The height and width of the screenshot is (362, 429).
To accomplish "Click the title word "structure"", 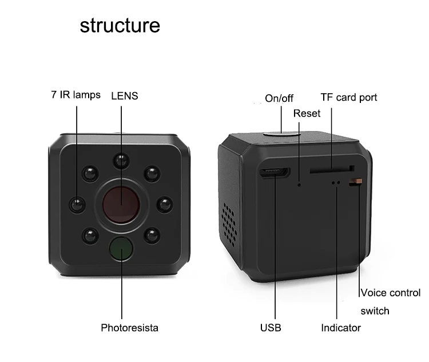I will [x=120, y=26].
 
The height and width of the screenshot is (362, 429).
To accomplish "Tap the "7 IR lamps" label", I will [x=76, y=95].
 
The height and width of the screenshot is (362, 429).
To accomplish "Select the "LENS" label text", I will [x=124, y=96].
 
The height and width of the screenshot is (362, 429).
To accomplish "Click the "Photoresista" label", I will [x=129, y=328].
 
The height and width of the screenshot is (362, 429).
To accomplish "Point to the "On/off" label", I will [x=279, y=98].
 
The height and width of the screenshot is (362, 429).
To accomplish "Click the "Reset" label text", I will [x=307, y=113].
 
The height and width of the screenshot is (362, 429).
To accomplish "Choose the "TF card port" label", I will [x=348, y=97].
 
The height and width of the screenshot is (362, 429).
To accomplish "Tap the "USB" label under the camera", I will [x=271, y=328].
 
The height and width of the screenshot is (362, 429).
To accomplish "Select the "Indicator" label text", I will [x=340, y=328].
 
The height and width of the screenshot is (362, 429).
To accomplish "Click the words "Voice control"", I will [x=390, y=293].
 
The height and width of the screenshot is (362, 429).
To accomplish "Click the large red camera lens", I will [x=121, y=203].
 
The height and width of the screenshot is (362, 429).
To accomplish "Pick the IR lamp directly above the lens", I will [x=121, y=161].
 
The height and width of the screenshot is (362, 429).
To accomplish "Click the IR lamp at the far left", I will [x=77, y=204].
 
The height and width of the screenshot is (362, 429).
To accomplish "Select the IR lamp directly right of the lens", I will [x=164, y=204].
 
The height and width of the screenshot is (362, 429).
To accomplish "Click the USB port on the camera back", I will [x=275, y=173].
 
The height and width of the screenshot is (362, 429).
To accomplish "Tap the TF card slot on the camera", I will [x=330, y=170].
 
